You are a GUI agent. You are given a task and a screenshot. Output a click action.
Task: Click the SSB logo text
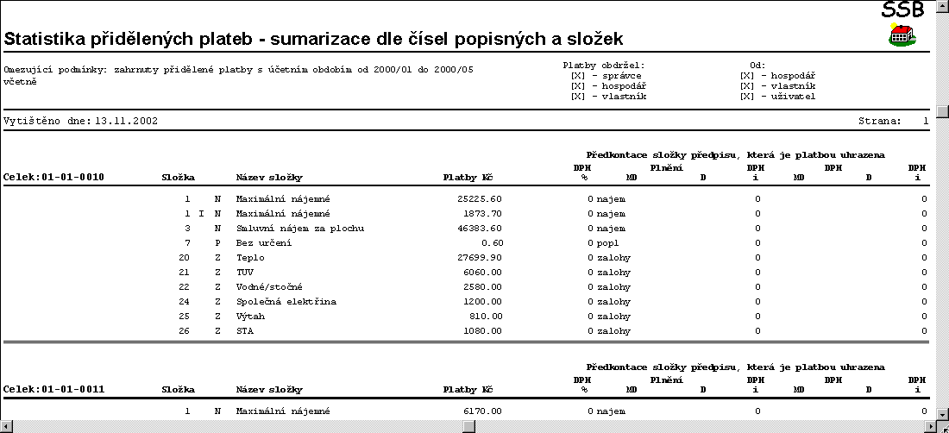[x=903, y=9]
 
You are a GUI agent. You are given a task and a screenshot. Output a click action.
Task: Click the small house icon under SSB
[x=902, y=35]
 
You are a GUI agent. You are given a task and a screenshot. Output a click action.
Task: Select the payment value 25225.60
[x=479, y=198]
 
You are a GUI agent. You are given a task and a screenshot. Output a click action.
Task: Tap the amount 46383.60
[x=479, y=228]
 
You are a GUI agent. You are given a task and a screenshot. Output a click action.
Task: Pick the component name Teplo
[x=250, y=257]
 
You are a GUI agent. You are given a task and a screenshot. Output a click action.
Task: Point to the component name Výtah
[x=250, y=316]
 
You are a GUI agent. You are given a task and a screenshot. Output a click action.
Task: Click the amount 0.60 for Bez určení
[x=493, y=242]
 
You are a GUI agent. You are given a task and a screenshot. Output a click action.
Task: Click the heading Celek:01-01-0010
[x=53, y=177]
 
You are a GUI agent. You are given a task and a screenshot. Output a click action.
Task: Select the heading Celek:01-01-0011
[x=53, y=389]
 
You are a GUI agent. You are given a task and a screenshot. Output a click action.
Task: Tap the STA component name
[x=244, y=330]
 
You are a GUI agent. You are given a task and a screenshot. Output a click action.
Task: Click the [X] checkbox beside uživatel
[x=747, y=96]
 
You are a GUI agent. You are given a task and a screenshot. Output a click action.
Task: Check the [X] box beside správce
[x=578, y=75]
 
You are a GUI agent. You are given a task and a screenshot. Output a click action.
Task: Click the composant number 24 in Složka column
[x=184, y=301]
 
